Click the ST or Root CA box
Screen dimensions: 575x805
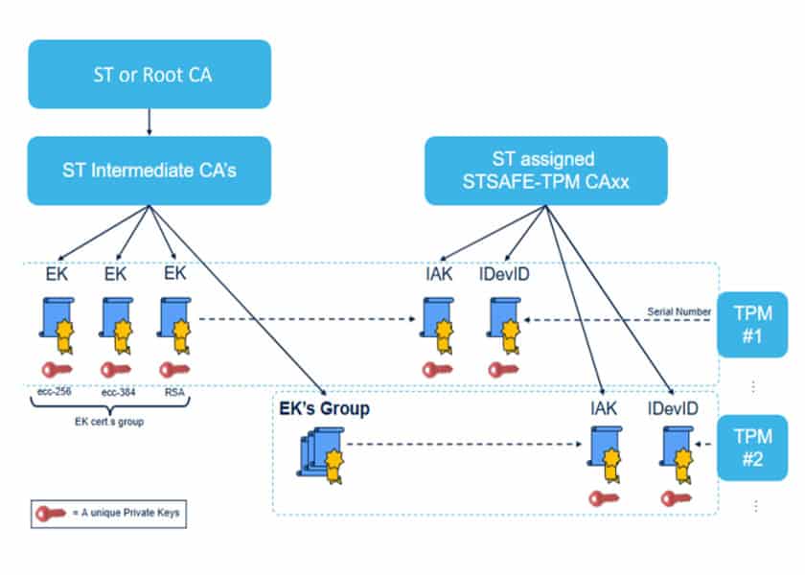[x=149, y=74]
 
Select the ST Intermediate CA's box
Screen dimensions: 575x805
[x=149, y=171]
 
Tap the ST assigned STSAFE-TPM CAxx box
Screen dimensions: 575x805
[x=545, y=171]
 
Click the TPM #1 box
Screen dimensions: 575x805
[x=752, y=324]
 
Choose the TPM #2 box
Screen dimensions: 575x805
[x=752, y=447]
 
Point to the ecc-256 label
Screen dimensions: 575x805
[x=53, y=391]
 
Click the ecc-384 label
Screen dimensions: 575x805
[x=115, y=391]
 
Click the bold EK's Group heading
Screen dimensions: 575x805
[x=324, y=409]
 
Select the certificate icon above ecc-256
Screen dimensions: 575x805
[x=57, y=326]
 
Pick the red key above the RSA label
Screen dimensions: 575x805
[x=173, y=369]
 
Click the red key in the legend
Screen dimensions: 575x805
[x=49, y=513]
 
